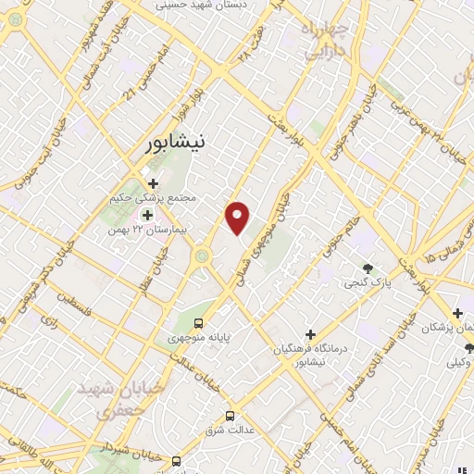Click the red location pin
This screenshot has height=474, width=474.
click(239, 217)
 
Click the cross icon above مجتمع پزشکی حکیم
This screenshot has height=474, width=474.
click(154, 183)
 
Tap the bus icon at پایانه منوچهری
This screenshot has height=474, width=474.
click(199, 322)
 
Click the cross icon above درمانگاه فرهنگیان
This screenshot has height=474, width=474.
click(310, 333)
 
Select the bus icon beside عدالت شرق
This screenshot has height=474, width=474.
click(231, 416)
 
